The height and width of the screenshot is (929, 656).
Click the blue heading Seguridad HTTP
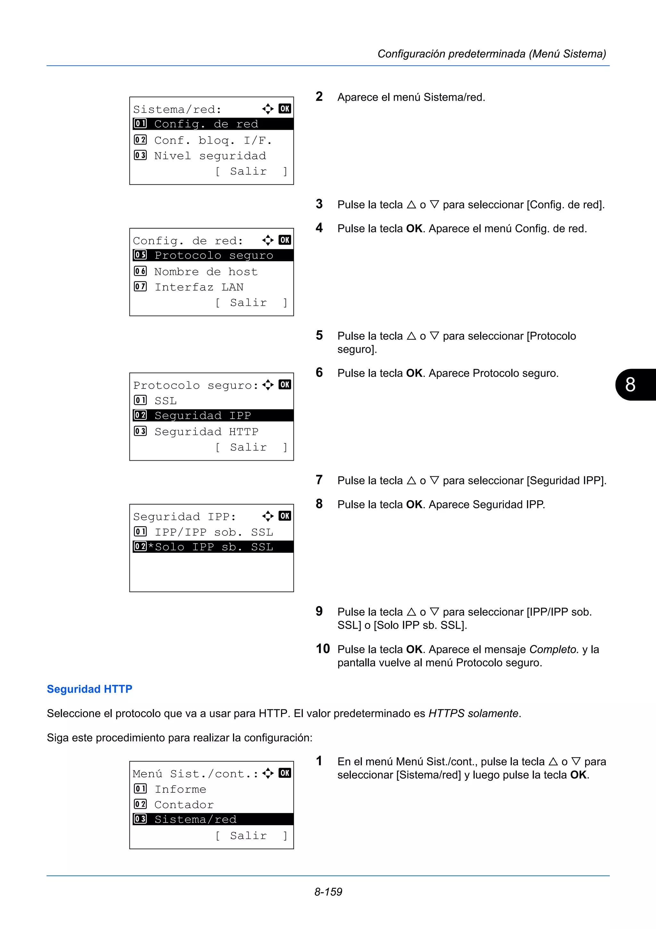(x=89, y=689)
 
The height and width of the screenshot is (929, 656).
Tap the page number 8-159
(x=328, y=892)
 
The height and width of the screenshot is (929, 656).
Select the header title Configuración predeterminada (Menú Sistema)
(x=491, y=54)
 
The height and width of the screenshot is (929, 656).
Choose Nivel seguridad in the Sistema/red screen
(x=210, y=156)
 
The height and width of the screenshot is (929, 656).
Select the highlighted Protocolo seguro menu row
(x=213, y=255)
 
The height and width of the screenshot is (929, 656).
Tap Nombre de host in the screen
(x=206, y=272)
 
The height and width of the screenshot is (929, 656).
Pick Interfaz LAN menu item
(x=199, y=287)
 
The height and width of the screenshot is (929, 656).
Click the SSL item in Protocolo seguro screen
(x=165, y=401)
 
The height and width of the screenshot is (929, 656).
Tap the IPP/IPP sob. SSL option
(x=213, y=532)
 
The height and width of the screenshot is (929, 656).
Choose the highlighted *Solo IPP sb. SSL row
(x=213, y=547)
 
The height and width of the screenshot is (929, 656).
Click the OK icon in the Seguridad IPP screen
(x=284, y=516)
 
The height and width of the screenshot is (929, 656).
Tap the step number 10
(x=323, y=649)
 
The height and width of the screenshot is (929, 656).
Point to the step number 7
(x=319, y=480)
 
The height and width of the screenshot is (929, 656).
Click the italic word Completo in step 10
(x=554, y=649)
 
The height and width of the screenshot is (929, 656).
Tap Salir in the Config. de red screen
(x=248, y=303)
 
